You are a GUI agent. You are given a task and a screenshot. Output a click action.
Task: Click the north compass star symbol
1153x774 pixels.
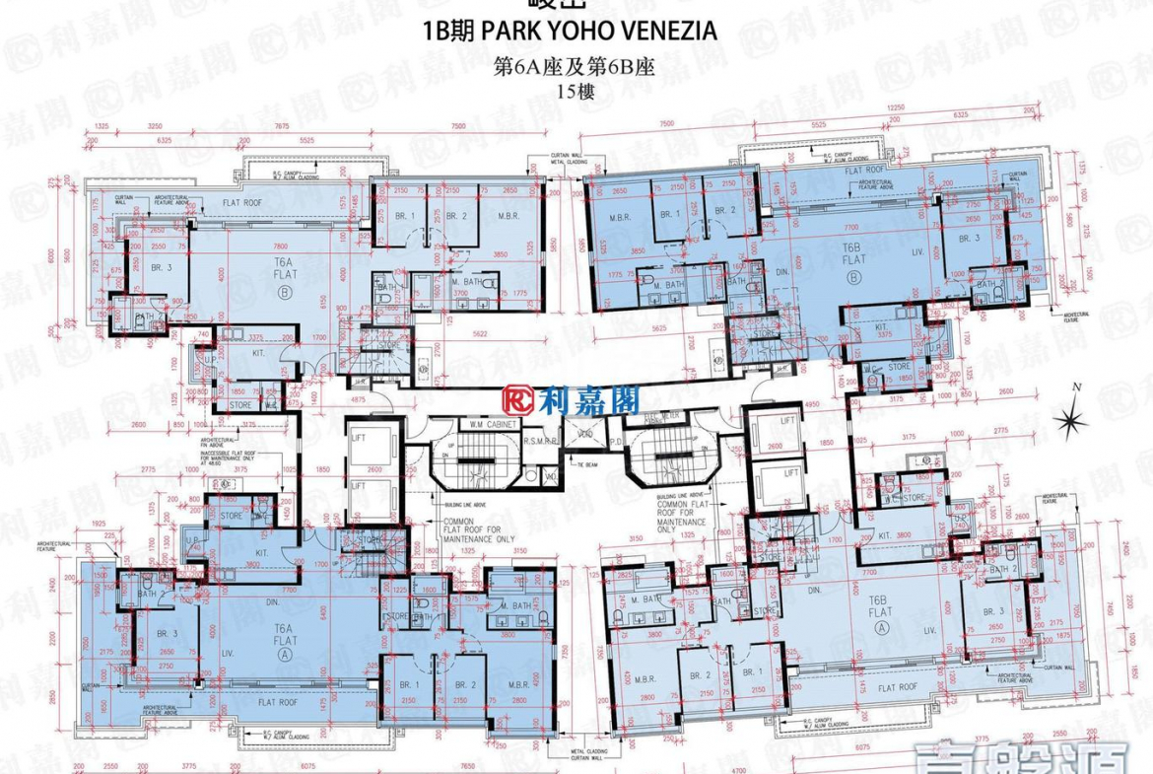[x=1068, y=421]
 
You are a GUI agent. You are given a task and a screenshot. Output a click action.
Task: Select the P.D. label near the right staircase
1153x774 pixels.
[x=616, y=442]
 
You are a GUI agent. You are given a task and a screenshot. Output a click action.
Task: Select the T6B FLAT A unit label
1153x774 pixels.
[x=879, y=611]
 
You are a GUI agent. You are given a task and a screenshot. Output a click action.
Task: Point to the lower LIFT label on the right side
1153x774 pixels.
[x=787, y=474]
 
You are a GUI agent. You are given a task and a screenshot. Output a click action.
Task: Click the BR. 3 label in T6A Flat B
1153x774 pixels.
[x=162, y=266]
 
